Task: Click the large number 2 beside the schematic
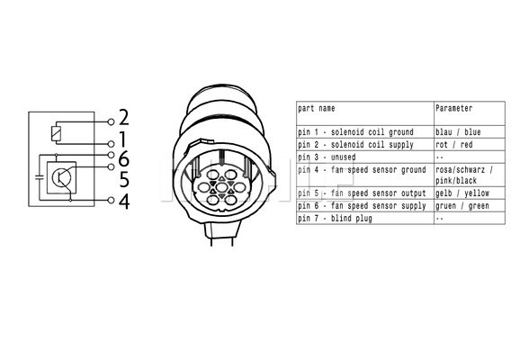coord(124,117)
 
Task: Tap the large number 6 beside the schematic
coord(124,158)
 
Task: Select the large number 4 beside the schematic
coord(124,202)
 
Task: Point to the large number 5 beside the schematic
coord(124,180)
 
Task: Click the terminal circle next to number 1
coord(112,144)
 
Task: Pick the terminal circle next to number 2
coord(112,122)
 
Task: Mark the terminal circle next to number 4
coord(112,200)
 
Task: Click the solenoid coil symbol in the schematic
coord(56,133)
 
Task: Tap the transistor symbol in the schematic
coord(61,177)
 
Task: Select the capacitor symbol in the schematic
coord(40,177)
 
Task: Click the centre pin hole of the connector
coord(221,187)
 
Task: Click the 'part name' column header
coord(317,109)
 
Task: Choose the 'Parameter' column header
coord(454,108)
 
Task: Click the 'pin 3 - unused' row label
coord(327,157)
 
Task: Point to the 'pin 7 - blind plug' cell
coord(335,219)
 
